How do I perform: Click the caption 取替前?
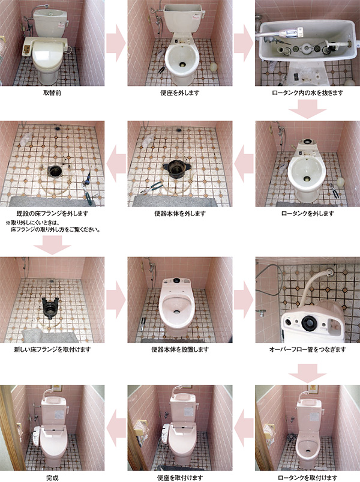click(x=52, y=92)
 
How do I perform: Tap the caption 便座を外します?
click(x=179, y=92)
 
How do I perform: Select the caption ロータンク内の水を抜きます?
click(x=307, y=92)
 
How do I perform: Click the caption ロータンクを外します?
click(x=307, y=213)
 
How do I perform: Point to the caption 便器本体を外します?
click(x=179, y=213)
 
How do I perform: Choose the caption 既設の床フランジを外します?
click(x=52, y=213)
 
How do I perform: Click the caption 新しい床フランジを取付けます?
click(x=52, y=349)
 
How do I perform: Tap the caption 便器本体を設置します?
click(x=179, y=349)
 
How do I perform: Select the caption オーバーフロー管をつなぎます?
click(x=307, y=349)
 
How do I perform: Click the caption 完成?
click(x=52, y=478)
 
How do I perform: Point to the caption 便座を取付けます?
click(x=179, y=478)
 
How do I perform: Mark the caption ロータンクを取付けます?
click(x=307, y=478)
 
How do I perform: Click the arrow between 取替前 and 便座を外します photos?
click(x=116, y=43)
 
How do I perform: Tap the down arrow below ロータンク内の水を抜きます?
click(x=307, y=109)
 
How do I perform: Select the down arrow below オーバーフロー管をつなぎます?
click(x=307, y=373)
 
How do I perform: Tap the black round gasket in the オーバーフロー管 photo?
click(x=308, y=323)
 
